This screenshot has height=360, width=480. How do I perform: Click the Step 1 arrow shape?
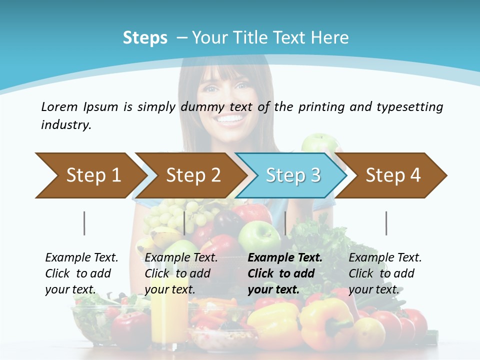click(90, 175)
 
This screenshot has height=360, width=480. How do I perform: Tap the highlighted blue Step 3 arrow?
click(292, 175)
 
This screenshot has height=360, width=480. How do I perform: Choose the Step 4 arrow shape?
click(392, 175)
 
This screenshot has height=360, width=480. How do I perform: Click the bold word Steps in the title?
click(145, 38)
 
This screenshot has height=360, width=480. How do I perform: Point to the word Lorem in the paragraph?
click(59, 106)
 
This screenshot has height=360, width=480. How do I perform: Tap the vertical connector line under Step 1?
click(84, 223)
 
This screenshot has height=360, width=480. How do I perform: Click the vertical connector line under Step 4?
click(386, 223)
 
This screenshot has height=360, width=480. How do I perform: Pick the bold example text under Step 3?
click(284, 273)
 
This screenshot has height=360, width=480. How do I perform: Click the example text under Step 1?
click(81, 273)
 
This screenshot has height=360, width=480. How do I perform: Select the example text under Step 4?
click(384, 273)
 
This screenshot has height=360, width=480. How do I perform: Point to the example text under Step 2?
click(180, 273)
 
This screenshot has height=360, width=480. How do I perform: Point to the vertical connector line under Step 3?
click(285, 223)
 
